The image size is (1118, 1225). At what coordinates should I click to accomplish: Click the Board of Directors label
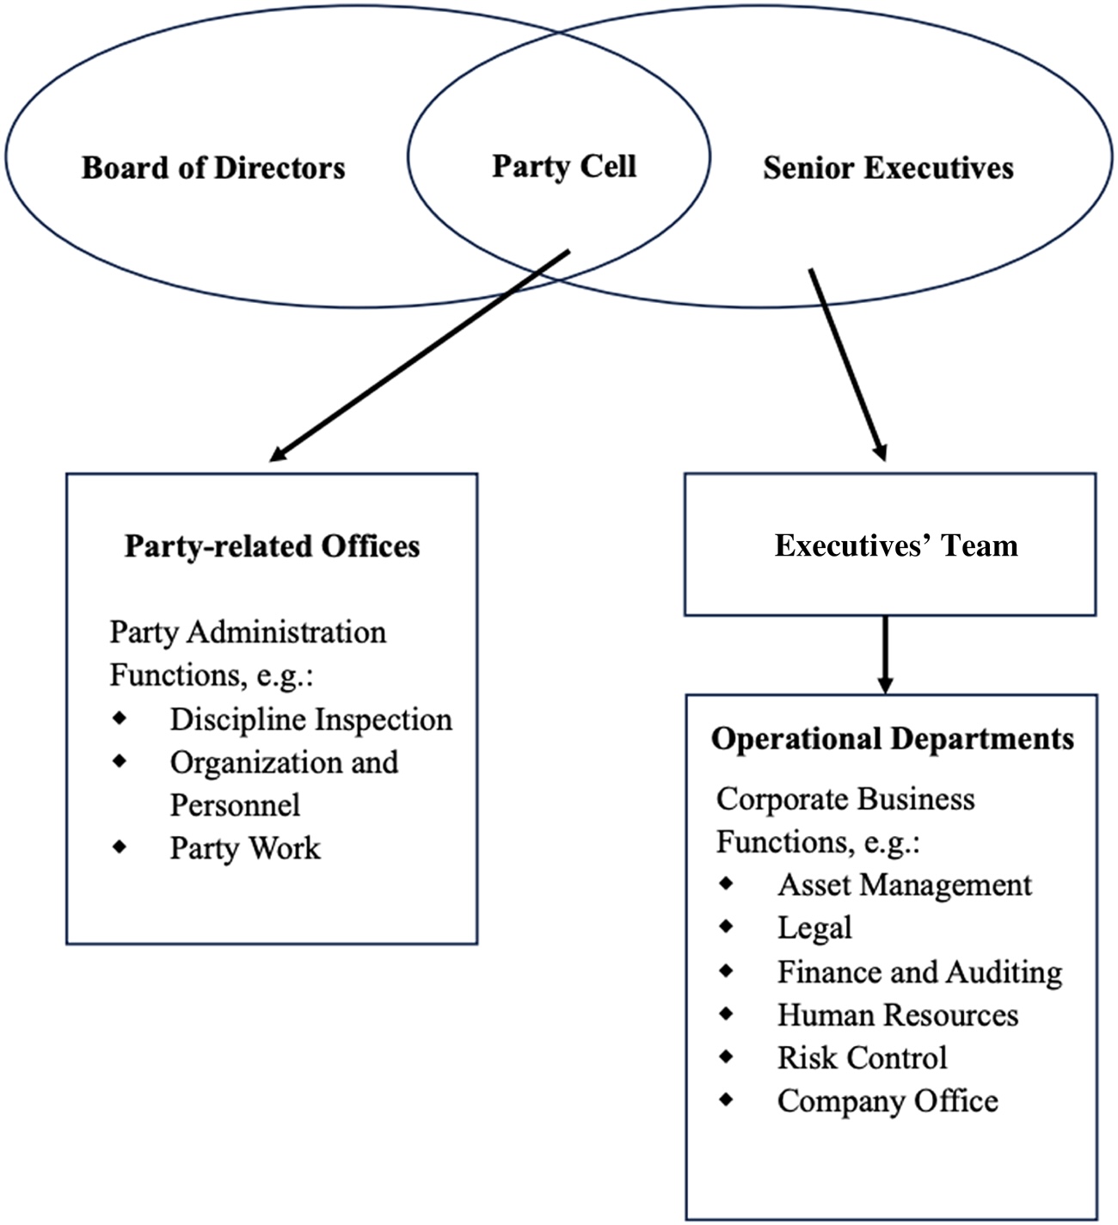[213, 168]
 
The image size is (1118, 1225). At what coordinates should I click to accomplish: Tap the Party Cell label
[564, 166]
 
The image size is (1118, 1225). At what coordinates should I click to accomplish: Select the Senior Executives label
[888, 168]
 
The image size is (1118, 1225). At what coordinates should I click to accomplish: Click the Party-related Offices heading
[272, 546]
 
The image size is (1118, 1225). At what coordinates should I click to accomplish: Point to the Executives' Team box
[890, 545]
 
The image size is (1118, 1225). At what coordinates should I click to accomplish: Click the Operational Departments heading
[893, 739]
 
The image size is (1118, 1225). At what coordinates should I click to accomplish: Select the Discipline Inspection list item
[310, 719]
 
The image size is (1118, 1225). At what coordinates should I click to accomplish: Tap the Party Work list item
[245, 848]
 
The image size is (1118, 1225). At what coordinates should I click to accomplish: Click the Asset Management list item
[905, 885]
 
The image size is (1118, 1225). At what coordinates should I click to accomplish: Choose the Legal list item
[814, 928]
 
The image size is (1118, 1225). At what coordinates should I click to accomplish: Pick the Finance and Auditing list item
[919, 972]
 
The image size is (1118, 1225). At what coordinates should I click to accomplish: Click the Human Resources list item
[898, 1015]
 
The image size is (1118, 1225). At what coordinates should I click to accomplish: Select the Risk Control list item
[862, 1058]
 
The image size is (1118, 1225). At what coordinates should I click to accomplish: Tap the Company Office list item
[888, 1101]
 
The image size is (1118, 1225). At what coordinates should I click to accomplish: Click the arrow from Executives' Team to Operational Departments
[885, 654]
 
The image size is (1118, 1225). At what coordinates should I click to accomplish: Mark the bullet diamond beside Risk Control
[727, 1056]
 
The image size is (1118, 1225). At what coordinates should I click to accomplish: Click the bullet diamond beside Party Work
[120, 846]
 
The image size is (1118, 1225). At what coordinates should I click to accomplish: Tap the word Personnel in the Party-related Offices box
[235, 805]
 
